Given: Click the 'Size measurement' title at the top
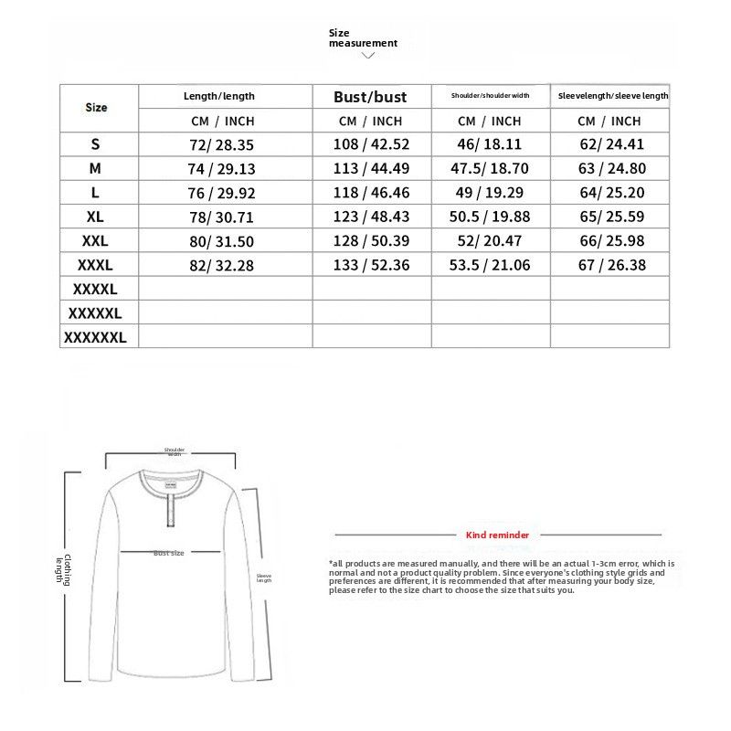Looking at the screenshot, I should point(363,37).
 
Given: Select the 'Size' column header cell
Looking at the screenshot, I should point(96,108).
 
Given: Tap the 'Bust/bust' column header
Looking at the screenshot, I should point(370,97).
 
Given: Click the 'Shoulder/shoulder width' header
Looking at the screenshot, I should point(490,96).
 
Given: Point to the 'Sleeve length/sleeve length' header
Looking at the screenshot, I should point(613,96).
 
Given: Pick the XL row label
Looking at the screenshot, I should point(96,217).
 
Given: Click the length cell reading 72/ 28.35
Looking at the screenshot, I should point(219,144).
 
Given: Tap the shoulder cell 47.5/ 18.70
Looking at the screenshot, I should point(490,169).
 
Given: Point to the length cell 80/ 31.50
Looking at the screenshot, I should point(219,241).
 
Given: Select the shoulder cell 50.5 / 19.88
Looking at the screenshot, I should point(490,217).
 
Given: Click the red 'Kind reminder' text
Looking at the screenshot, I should point(497,535).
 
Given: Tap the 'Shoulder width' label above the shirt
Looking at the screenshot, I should point(175,451).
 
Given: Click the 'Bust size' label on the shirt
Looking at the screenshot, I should point(169,553).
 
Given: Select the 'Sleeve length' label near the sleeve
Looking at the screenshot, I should point(264,577).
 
